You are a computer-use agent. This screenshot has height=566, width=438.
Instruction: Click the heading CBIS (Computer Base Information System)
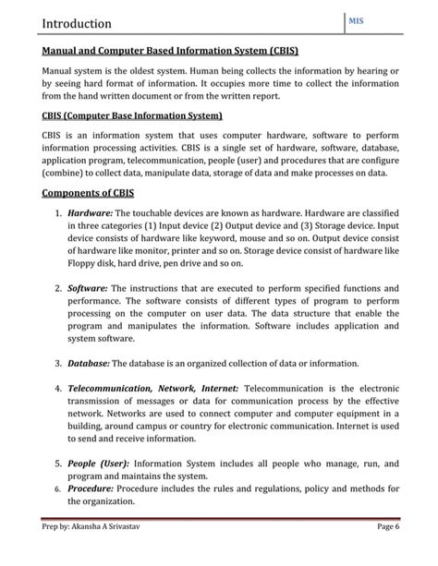click(132, 117)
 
